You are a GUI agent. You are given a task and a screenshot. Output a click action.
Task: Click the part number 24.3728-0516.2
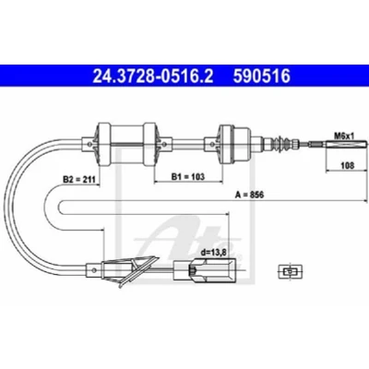coord(153,76)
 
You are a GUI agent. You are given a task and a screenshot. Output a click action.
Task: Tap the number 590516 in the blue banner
coord(262,76)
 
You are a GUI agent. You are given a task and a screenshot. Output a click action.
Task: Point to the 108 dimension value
coord(348,166)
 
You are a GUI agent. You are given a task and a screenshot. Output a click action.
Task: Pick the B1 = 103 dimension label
coord(188,176)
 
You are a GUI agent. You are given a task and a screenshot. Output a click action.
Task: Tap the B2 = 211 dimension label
coord(79,179)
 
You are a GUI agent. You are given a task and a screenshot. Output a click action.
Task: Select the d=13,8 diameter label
coord(213,253)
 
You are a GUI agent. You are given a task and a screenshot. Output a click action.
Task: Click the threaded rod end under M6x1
coord(339,144)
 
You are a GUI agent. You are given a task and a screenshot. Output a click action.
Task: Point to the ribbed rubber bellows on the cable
coord(281,143)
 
